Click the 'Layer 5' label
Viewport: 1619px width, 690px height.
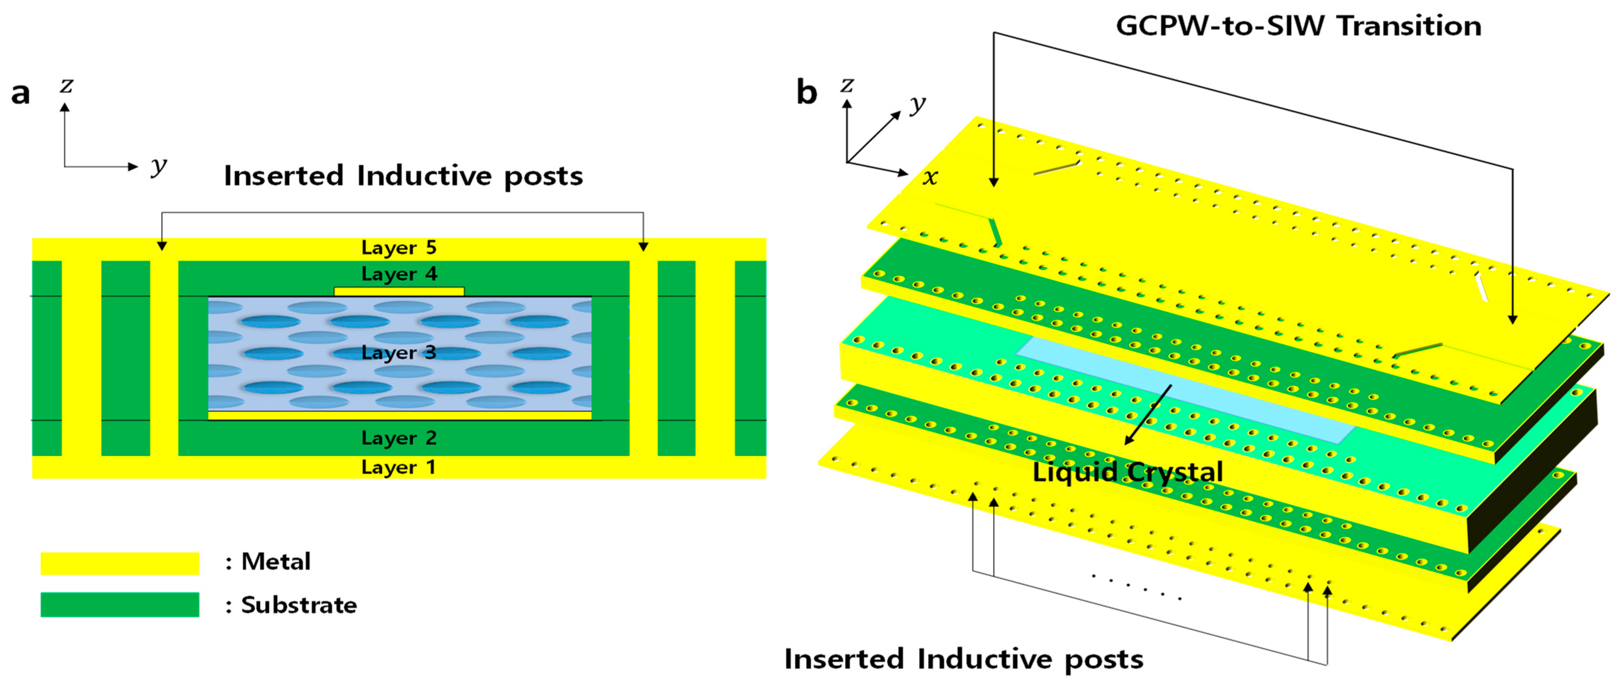(398, 248)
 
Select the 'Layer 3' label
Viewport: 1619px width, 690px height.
(398, 352)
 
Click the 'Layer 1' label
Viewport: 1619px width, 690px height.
(398, 467)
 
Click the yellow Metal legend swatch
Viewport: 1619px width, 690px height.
(119, 563)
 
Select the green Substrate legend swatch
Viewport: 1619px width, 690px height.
(119, 605)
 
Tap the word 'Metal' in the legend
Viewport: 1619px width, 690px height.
(276, 562)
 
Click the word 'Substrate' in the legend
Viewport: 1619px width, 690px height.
(299, 605)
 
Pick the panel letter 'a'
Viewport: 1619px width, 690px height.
(20, 94)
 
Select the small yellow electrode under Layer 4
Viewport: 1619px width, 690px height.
(398, 291)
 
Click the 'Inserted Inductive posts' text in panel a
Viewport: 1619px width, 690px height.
(403, 176)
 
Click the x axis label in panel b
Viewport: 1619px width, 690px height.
(930, 178)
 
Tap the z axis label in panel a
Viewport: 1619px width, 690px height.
(66, 85)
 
